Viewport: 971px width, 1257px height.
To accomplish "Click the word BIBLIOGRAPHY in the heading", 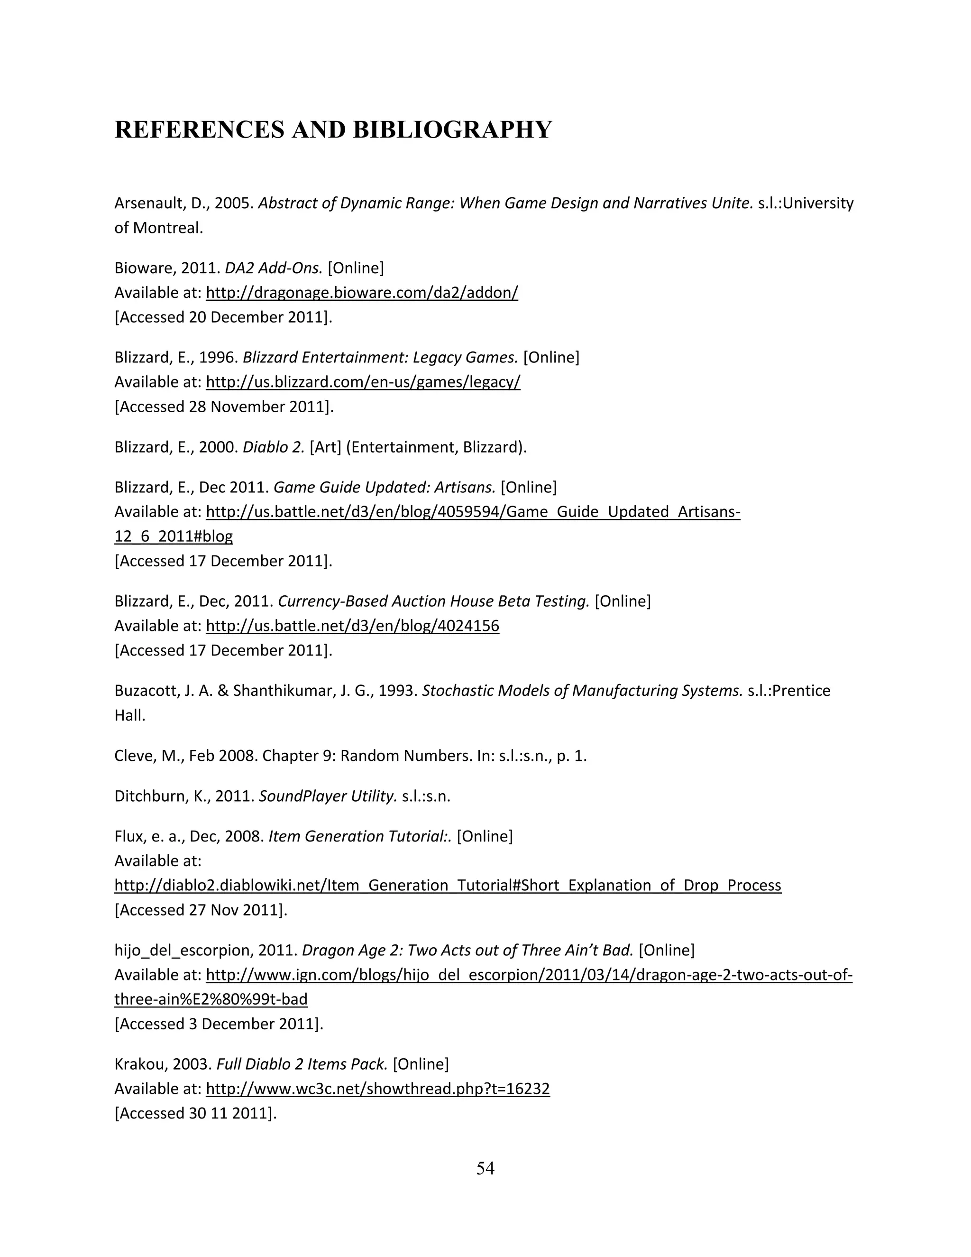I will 452,130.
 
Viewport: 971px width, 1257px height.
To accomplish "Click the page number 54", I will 485,1168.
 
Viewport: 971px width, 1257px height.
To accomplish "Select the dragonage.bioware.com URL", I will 362,293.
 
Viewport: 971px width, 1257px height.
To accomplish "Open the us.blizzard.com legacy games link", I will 363,382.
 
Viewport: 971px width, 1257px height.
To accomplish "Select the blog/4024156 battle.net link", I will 352,626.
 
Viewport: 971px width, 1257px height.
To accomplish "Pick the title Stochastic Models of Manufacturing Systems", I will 582,691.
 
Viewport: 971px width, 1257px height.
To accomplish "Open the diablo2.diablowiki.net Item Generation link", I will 448,885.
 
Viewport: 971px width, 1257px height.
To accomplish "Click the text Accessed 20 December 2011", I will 223,318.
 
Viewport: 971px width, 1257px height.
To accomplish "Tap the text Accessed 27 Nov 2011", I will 200,910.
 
